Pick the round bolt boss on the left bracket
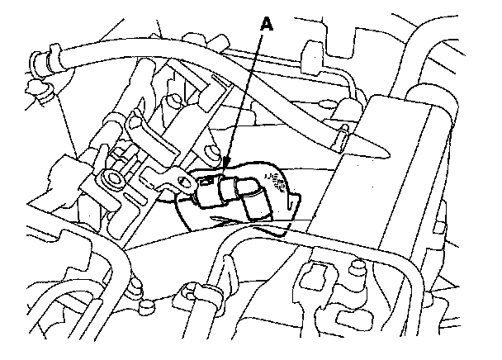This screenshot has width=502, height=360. (x=111, y=177)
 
